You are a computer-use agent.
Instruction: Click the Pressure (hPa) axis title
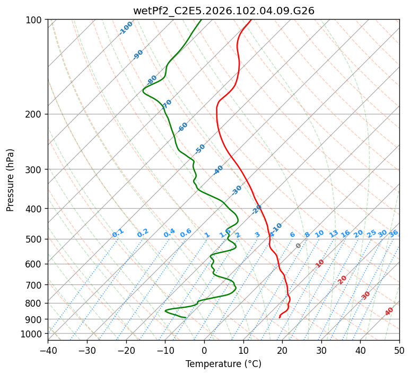pos(11,180)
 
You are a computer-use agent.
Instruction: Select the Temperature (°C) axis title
pos(223,364)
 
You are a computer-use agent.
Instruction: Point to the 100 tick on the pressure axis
pos(35,20)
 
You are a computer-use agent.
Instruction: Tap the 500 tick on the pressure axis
pos(35,239)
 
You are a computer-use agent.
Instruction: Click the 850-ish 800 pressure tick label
pos(35,303)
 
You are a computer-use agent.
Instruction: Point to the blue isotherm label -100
pos(126,28)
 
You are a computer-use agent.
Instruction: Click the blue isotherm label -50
pos(200,149)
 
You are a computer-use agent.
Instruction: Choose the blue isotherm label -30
pos(237,190)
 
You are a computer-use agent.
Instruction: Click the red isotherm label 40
pos(389,311)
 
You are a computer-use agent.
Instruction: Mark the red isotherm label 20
pos(343,279)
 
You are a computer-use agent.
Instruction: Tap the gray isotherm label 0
pos(298,246)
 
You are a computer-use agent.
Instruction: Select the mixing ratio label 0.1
pos(118,233)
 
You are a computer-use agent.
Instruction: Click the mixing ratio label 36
pos(393,233)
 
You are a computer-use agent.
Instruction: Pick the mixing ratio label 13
pos(334,234)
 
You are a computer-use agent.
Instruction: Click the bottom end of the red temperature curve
pos(279,317)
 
